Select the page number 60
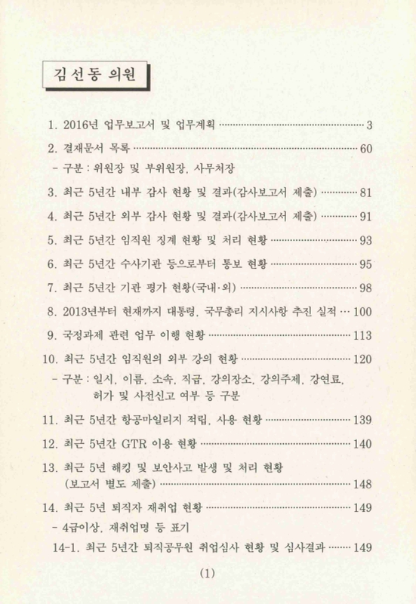(x=366, y=148)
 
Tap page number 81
(x=366, y=192)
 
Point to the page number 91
(x=366, y=217)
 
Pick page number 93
(x=366, y=241)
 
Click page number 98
(x=366, y=288)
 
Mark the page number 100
(x=363, y=311)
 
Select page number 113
(x=363, y=334)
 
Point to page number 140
(x=363, y=443)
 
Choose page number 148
(x=363, y=482)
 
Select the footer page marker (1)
(x=208, y=573)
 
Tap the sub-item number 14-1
(x=68, y=547)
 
